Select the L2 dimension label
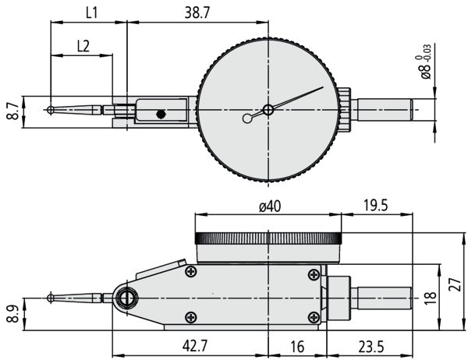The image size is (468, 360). tap(82, 45)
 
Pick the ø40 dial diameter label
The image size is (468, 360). tap(268, 206)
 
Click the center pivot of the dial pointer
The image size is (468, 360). tap(268, 110)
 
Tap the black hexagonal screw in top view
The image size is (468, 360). tap(161, 114)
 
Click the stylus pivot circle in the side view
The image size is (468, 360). tap(126, 298)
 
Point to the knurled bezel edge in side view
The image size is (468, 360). tap(268, 238)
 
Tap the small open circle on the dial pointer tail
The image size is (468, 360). tap(248, 118)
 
